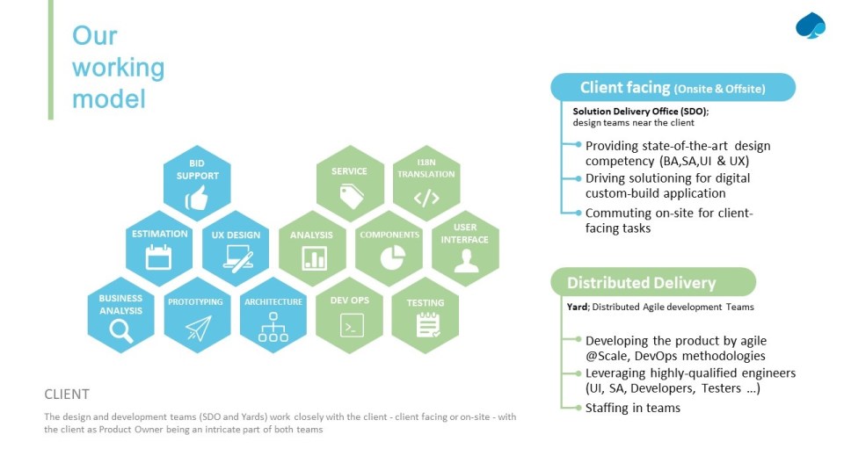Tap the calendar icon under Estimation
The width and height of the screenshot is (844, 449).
pyautogui.click(x=159, y=257)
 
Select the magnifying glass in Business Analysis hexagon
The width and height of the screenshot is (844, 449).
pyautogui.click(x=120, y=330)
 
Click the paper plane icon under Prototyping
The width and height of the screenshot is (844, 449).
pyautogui.click(x=198, y=328)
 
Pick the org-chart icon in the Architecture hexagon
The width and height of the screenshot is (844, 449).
pyautogui.click(x=273, y=328)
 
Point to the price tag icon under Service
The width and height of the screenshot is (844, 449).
pyautogui.click(x=351, y=197)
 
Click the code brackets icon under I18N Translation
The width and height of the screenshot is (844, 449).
pyautogui.click(x=426, y=198)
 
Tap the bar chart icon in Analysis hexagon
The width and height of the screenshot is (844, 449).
pyautogui.click(x=313, y=257)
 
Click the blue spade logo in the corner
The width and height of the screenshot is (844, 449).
pyautogui.click(x=810, y=26)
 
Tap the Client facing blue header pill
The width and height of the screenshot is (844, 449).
pyautogui.click(x=672, y=88)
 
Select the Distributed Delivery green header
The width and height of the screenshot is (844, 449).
pyautogui.click(x=652, y=283)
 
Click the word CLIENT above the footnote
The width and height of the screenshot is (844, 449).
pyautogui.click(x=67, y=395)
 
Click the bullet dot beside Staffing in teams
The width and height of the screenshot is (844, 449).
pyautogui.click(x=577, y=408)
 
